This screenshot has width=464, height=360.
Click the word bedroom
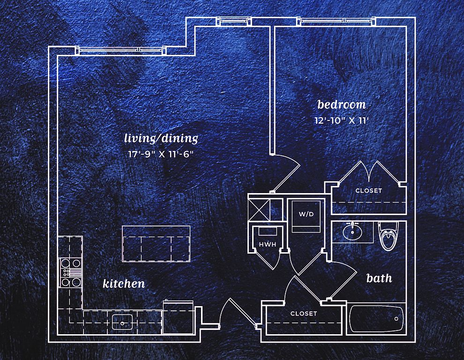341,104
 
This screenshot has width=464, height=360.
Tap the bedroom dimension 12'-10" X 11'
342,120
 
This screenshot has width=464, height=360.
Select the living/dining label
161,138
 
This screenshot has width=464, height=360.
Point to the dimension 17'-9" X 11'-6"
160,154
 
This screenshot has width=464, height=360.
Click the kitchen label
124,284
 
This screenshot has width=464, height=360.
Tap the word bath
379,278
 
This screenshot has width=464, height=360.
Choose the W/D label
306,214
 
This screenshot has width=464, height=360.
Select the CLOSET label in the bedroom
368,191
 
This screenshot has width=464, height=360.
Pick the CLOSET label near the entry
304,314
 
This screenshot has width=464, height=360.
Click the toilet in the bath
388,235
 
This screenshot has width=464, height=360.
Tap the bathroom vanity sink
352,231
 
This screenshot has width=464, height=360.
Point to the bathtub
376,319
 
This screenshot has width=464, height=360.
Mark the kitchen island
156,244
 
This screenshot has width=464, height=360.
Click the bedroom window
336,21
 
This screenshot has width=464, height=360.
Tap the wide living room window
121,49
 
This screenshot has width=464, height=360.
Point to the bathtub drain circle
397,319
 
